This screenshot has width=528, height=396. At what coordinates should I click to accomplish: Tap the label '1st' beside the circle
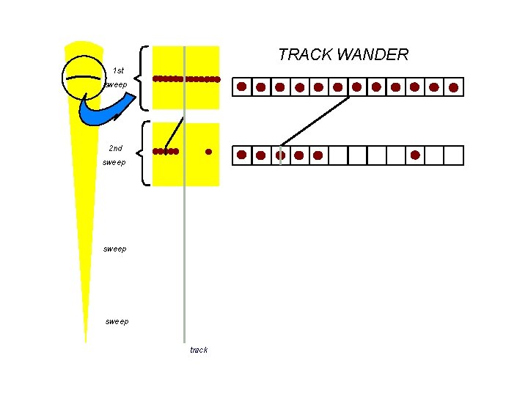(118, 71)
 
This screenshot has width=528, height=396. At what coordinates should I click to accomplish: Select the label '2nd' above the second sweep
(115, 148)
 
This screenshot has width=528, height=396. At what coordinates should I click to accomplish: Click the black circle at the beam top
(84, 77)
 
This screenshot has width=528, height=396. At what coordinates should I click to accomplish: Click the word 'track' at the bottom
(199, 350)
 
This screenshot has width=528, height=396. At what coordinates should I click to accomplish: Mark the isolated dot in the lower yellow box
(208, 152)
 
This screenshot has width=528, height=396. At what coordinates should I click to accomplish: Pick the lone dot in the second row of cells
(415, 155)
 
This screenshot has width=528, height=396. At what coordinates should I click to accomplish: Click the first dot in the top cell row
(241, 87)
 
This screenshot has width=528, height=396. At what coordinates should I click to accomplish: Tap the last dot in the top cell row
(453, 87)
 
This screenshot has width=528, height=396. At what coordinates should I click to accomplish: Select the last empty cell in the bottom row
(455, 155)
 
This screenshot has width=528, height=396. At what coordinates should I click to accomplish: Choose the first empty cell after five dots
(337, 155)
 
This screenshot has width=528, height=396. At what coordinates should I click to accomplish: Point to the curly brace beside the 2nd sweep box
(145, 153)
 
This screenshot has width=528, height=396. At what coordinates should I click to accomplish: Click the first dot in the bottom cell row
(241, 155)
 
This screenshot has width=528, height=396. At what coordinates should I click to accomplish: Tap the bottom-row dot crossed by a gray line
(280, 155)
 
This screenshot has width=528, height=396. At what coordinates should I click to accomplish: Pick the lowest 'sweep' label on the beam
(117, 321)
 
